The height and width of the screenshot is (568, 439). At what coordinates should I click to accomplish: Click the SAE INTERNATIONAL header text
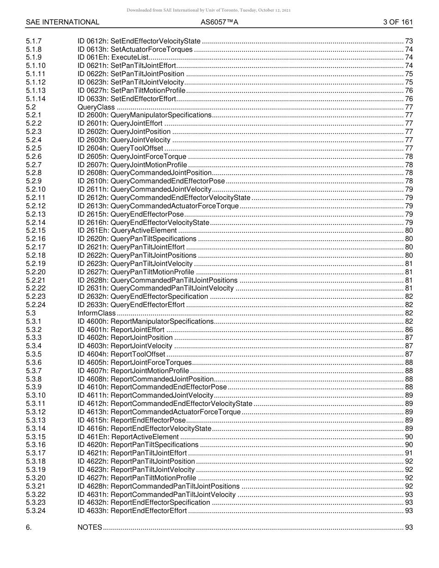click(62, 22)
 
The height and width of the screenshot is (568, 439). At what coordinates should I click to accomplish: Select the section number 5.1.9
click(34, 57)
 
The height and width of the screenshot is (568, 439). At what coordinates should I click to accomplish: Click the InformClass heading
click(97, 313)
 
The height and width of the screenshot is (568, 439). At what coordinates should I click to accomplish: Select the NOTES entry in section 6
click(90, 527)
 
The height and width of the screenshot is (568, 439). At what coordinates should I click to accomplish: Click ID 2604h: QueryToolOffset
click(120, 148)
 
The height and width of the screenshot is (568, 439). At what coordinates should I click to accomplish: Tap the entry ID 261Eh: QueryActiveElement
click(127, 230)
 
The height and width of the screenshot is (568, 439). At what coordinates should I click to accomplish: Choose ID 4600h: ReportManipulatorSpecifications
click(146, 321)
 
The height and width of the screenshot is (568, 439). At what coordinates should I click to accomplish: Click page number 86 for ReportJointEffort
click(409, 330)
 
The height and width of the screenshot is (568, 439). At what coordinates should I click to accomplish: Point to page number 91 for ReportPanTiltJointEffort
click(409, 453)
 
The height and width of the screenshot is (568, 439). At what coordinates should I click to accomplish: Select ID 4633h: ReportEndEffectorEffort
click(132, 511)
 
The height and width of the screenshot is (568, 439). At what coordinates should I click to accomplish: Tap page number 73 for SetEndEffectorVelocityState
click(409, 41)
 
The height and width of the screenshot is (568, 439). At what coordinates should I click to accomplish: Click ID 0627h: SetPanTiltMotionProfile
click(131, 91)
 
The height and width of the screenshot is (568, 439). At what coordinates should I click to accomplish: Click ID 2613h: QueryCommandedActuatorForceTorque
click(158, 206)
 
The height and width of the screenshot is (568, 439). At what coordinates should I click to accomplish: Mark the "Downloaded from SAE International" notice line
click(208, 10)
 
